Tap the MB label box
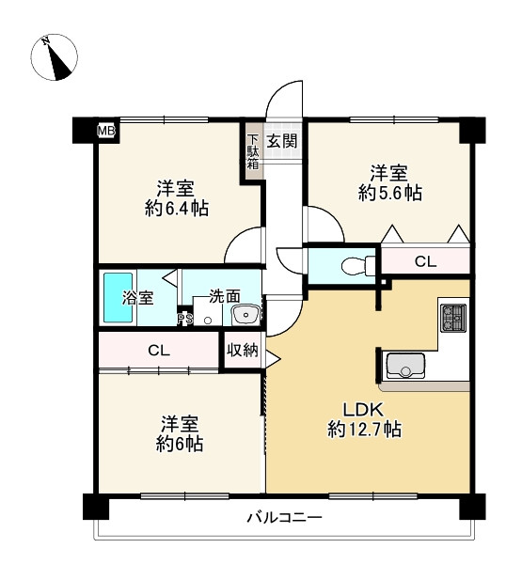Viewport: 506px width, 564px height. pos(105,132)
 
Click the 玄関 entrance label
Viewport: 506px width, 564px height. pos(281,141)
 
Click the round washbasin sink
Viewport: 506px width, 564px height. pos(246,314)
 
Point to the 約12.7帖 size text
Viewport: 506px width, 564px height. pos(365,430)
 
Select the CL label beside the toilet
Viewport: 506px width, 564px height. pos(426,262)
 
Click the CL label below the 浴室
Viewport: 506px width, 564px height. pos(158,351)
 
